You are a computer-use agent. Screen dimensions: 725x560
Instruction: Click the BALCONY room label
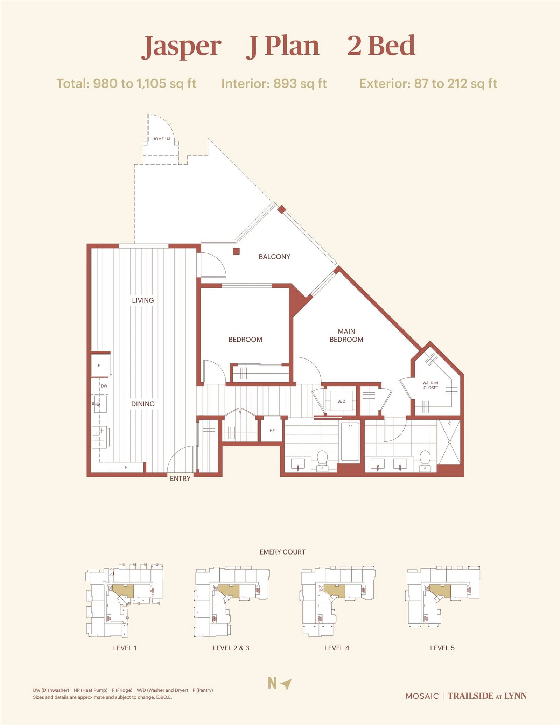274,257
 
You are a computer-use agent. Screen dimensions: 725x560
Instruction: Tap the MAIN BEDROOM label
346,335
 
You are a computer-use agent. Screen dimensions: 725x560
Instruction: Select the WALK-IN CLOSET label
430,385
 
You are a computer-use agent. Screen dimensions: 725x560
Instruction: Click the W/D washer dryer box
341,401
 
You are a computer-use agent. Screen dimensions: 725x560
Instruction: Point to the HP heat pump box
272,430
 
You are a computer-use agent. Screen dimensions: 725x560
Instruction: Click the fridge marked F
99,365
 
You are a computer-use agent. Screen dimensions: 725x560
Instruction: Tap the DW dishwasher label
104,386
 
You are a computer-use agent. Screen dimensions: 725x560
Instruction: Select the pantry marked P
126,467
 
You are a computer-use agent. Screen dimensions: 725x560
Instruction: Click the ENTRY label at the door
180,479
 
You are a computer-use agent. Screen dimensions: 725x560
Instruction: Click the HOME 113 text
161,139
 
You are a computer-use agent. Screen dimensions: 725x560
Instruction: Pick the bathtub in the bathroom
350,442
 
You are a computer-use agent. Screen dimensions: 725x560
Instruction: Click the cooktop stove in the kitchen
99,437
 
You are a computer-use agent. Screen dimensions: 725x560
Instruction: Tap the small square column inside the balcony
236,251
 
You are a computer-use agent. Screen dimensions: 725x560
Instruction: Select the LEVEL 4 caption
337,648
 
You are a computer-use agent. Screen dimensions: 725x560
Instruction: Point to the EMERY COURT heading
282,552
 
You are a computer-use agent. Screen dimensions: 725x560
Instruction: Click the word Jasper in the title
181,46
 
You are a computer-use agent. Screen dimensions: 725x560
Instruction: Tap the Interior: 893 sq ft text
274,84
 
